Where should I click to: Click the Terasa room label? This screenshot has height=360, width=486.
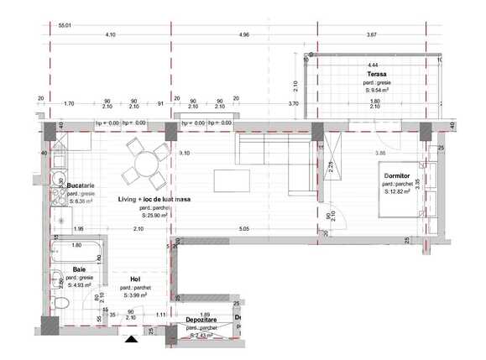point(376,74)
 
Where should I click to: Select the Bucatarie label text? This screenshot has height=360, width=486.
point(69,185)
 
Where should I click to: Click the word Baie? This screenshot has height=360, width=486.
point(79,269)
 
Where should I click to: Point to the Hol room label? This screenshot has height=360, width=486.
point(134,279)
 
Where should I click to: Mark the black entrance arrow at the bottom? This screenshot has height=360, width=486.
point(131,339)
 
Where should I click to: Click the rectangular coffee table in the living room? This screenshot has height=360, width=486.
point(231,180)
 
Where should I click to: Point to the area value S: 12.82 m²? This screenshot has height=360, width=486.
point(396,191)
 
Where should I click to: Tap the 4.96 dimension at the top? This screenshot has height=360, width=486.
point(244,35)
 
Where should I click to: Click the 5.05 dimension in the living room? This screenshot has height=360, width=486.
point(244,229)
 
